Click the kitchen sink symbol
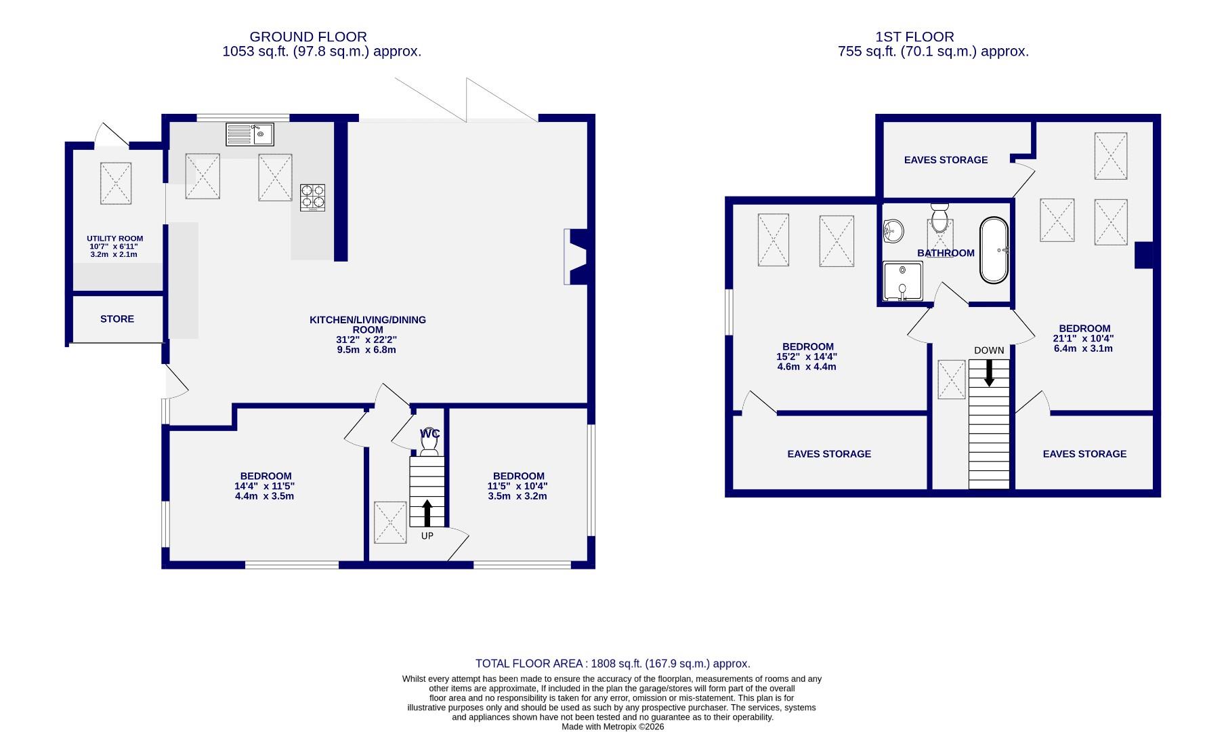(x=249, y=134)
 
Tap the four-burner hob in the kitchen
(x=312, y=197)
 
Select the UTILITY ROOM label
(x=114, y=239)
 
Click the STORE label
(x=117, y=319)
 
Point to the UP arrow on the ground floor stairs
(x=427, y=513)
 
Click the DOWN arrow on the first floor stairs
(x=989, y=373)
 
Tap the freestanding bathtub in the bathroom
(x=994, y=250)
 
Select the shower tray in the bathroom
(x=903, y=281)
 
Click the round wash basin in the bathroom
(x=894, y=230)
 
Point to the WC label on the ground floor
(x=429, y=433)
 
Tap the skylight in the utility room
(x=115, y=183)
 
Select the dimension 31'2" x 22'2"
(x=367, y=340)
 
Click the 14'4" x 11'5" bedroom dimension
(x=265, y=486)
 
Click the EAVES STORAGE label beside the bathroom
(x=946, y=160)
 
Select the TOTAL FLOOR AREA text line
(x=612, y=664)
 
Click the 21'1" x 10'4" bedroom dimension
(x=1083, y=338)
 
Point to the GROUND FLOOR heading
(x=308, y=37)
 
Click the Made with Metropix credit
(x=612, y=727)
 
